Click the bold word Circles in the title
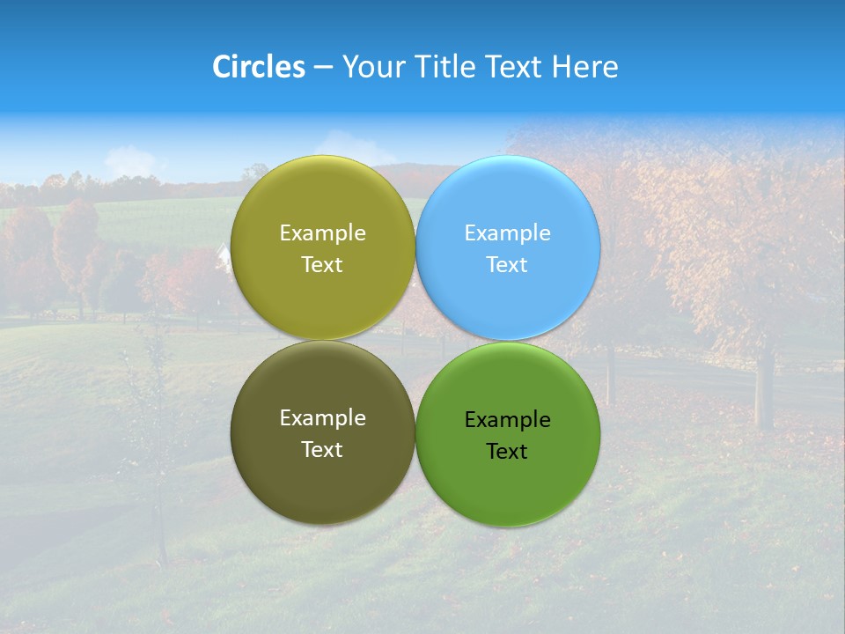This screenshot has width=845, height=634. pyautogui.click(x=259, y=67)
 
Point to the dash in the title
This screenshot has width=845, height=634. pyautogui.click(x=323, y=68)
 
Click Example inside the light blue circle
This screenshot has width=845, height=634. pyautogui.click(x=507, y=233)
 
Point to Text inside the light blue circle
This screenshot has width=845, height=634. pyautogui.click(x=507, y=265)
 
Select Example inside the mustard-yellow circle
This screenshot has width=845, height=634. pyautogui.click(x=322, y=233)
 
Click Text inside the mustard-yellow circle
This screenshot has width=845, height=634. pyautogui.click(x=322, y=265)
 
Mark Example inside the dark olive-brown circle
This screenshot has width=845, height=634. pyautogui.click(x=322, y=418)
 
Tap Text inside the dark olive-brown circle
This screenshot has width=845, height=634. pyautogui.click(x=322, y=450)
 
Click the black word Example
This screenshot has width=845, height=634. pyautogui.click(x=507, y=420)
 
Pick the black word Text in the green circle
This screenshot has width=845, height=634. pyautogui.click(x=507, y=452)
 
